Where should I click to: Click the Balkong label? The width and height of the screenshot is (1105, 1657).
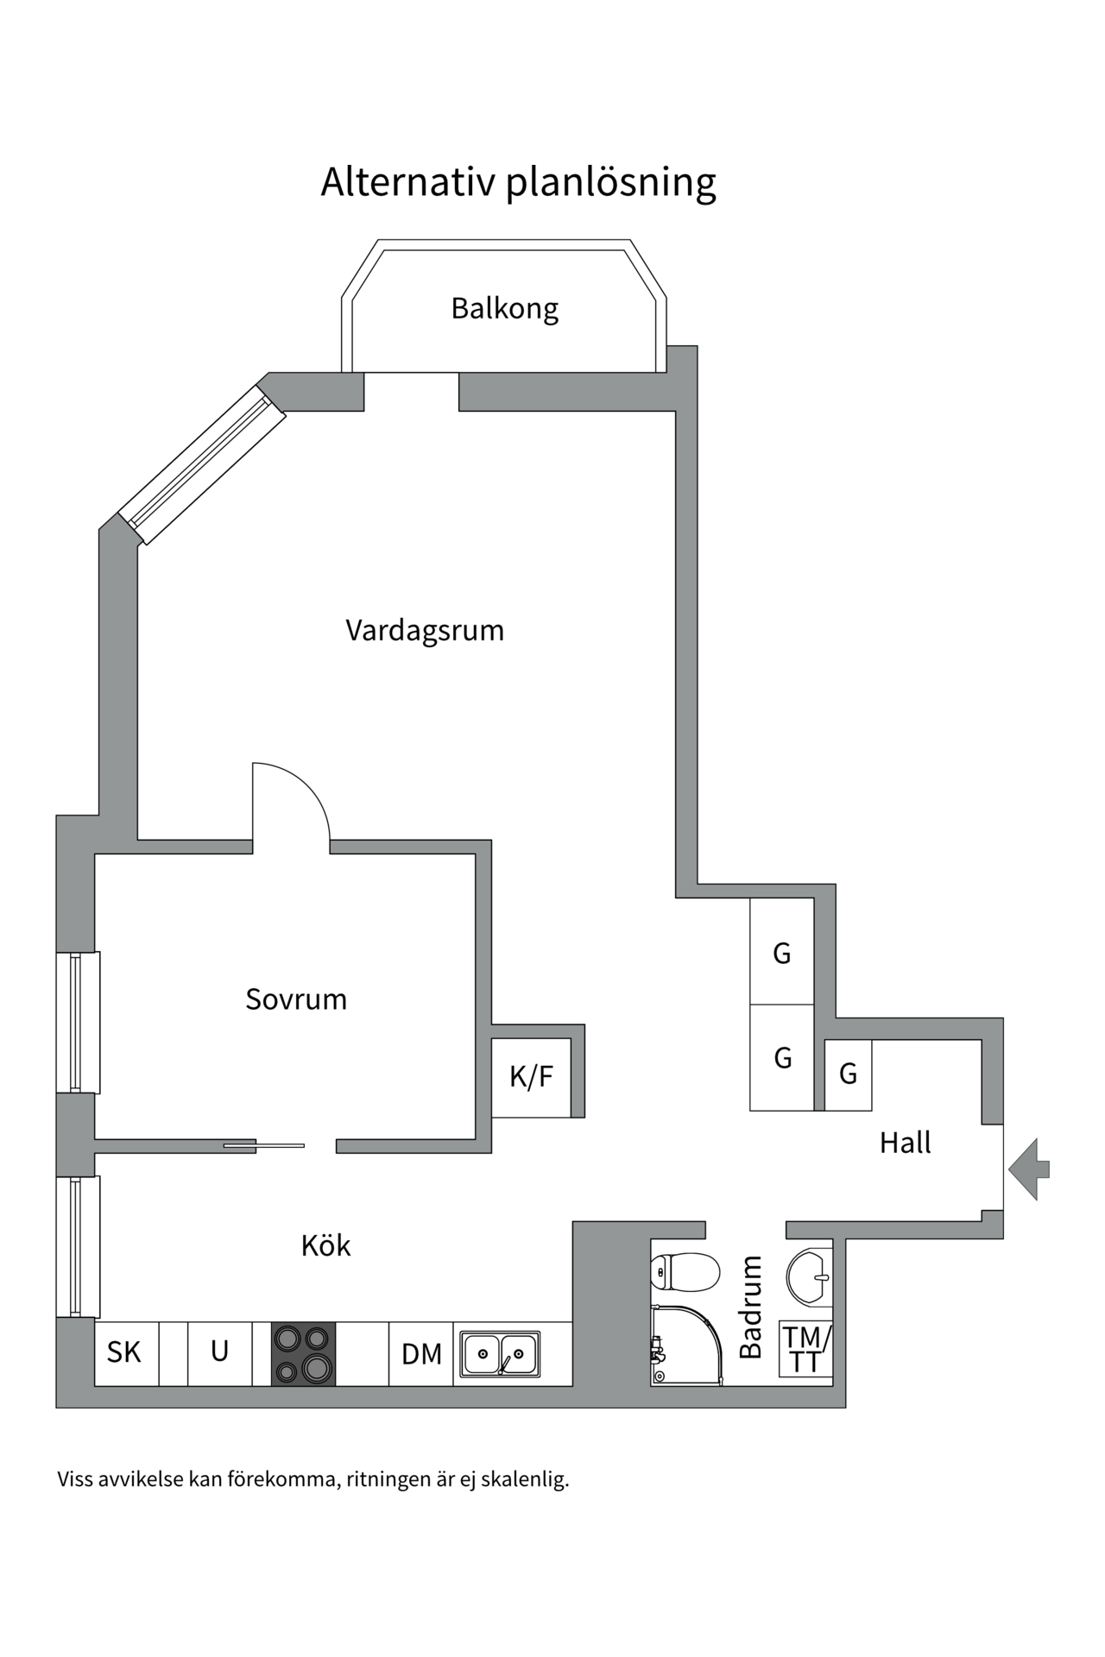[504, 308]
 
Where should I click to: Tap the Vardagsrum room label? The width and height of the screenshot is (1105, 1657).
[425, 630]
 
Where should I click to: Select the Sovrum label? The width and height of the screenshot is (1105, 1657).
[296, 999]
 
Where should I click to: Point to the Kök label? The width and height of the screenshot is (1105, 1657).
[325, 1245]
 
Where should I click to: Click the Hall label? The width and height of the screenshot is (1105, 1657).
[905, 1143]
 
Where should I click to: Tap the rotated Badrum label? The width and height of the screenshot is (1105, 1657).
[752, 1307]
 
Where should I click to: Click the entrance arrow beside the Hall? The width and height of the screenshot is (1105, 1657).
[1029, 1169]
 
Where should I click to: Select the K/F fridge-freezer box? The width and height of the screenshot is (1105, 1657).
[531, 1077]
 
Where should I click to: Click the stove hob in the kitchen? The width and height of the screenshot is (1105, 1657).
[303, 1353]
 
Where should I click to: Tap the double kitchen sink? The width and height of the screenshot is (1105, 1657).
[500, 1353]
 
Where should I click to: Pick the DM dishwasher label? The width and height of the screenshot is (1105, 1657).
[421, 1354]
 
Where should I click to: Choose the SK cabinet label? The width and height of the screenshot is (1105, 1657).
[124, 1352]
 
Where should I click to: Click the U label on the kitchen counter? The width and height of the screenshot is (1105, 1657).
[219, 1351]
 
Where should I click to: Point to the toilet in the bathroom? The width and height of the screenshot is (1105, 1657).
[685, 1271]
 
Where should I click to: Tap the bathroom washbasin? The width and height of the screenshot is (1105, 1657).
[810, 1276]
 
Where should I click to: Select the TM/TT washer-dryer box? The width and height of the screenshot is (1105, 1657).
[805, 1348]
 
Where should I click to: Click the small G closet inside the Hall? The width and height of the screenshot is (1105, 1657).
[848, 1074]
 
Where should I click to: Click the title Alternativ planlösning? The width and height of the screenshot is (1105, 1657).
[518, 182]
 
